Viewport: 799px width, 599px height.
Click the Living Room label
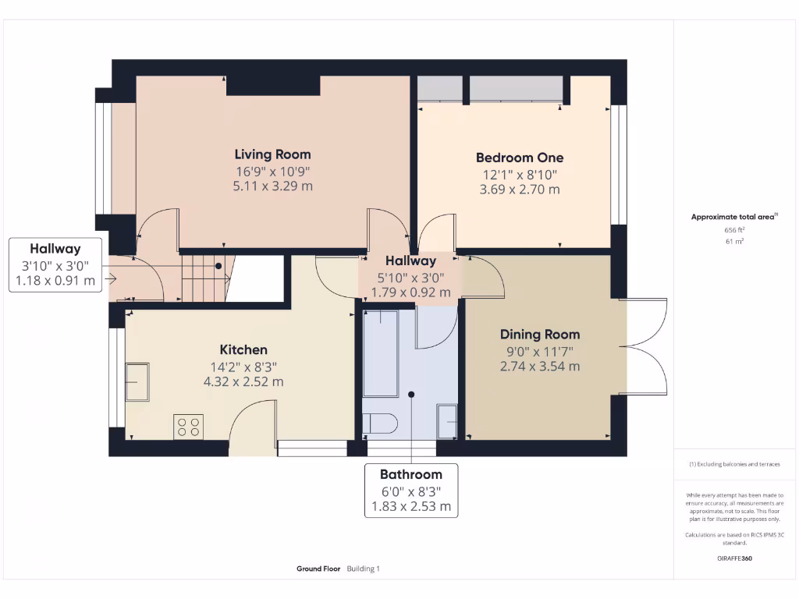pyautogui.click(x=272, y=154)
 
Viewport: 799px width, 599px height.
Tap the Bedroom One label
pyautogui.click(x=519, y=158)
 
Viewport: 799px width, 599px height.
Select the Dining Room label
pyautogui.click(x=540, y=335)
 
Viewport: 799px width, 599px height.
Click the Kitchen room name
pyautogui.click(x=243, y=349)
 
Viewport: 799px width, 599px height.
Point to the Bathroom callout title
pyautogui.click(x=410, y=474)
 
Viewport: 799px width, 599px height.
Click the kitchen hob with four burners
pyautogui.click(x=188, y=427)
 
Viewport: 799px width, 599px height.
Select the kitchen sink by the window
pyautogui.click(x=137, y=381)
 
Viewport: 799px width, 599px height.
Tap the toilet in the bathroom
pyautogui.click(x=380, y=424)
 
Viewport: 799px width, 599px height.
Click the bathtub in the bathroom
pyautogui.click(x=380, y=353)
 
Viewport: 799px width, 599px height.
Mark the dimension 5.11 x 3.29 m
pyautogui.click(x=272, y=186)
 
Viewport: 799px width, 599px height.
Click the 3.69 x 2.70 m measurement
pyautogui.click(x=519, y=190)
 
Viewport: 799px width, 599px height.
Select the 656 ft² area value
pyautogui.click(x=734, y=230)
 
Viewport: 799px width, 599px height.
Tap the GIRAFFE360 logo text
pyautogui.click(x=734, y=558)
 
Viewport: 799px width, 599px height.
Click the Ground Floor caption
pyautogui.click(x=318, y=569)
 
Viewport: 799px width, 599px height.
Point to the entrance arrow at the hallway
pyautogui.click(x=112, y=278)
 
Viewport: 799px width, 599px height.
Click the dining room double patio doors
pyautogui.click(x=648, y=346)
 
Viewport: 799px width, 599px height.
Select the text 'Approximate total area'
pyautogui.click(x=733, y=218)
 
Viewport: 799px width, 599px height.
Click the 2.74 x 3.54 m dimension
pyautogui.click(x=540, y=367)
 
